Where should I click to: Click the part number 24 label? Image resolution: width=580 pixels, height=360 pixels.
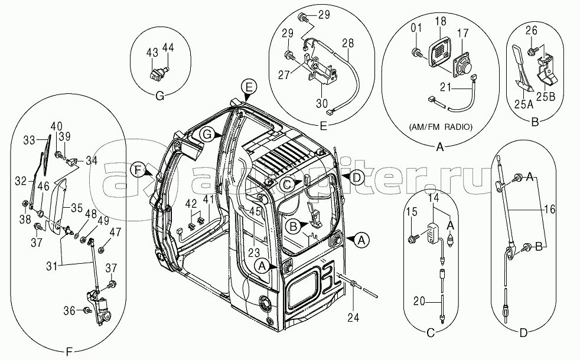[x=353, y=317]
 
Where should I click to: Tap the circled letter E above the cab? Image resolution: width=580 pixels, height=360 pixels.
[x=249, y=87]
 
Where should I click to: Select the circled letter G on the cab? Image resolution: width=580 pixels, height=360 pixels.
[x=207, y=135]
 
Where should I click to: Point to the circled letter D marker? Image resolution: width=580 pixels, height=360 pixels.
[x=356, y=178]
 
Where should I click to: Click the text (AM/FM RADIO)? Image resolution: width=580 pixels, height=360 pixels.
[x=441, y=127]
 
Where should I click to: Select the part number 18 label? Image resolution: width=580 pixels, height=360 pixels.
[x=441, y=21]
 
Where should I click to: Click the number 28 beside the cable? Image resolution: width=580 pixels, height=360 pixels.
[x=348, y=43]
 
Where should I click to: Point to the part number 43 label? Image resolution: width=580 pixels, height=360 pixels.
[x=152, y=53]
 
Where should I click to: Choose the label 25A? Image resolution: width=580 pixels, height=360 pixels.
[x=524, y=104]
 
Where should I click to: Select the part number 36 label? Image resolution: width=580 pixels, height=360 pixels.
[x=70, y=311]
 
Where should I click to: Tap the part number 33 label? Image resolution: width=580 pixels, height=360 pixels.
[x=29, y=140]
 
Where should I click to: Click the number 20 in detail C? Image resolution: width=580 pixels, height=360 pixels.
[x=419, y=301]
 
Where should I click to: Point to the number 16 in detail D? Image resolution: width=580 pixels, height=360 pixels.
[x=550, y=210]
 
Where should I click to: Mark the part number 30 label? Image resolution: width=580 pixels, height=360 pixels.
[x=322, y=105]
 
